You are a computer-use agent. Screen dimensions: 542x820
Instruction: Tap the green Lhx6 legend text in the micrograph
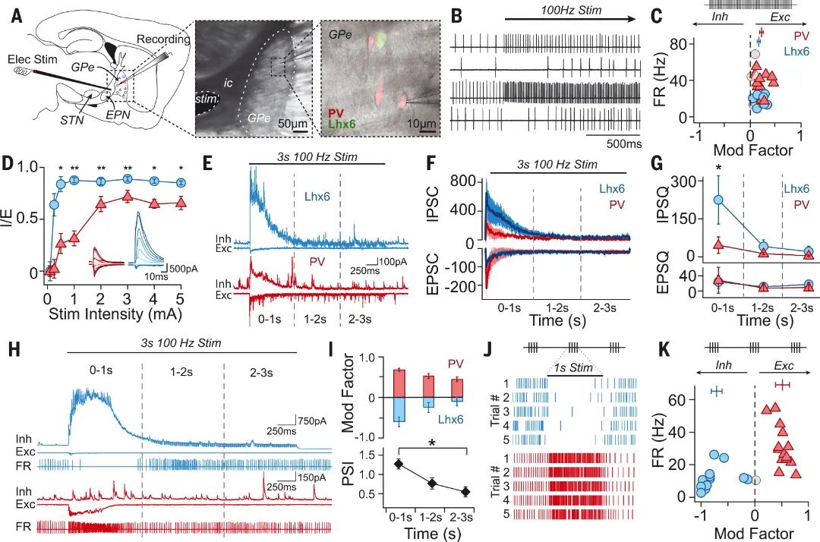point(342,124)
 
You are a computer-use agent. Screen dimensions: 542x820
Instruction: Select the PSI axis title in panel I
point(346,474)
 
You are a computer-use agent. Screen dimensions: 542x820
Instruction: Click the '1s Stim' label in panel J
point(576,368)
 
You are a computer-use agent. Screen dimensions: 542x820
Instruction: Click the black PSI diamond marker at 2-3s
point(466,492)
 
